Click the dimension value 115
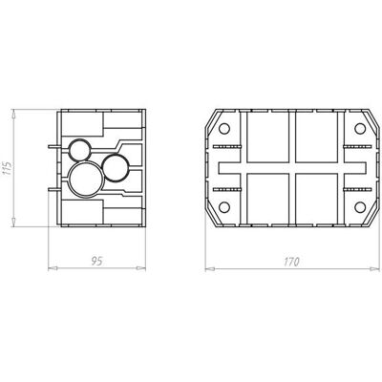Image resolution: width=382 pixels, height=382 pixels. pos(7,168)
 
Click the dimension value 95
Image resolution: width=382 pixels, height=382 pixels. pos(96,262)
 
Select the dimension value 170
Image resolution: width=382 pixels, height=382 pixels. pos(291,262)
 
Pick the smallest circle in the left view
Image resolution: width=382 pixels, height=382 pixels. pos(80,150)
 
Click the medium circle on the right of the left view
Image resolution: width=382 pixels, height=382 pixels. pos(116,168)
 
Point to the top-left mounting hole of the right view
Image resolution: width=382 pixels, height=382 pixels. pos(224,128)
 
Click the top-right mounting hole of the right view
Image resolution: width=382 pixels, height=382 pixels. pos(360,128)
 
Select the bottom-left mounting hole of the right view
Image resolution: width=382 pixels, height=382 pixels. pos(224,207)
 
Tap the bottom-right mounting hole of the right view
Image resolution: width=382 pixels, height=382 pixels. pos(360,207)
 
